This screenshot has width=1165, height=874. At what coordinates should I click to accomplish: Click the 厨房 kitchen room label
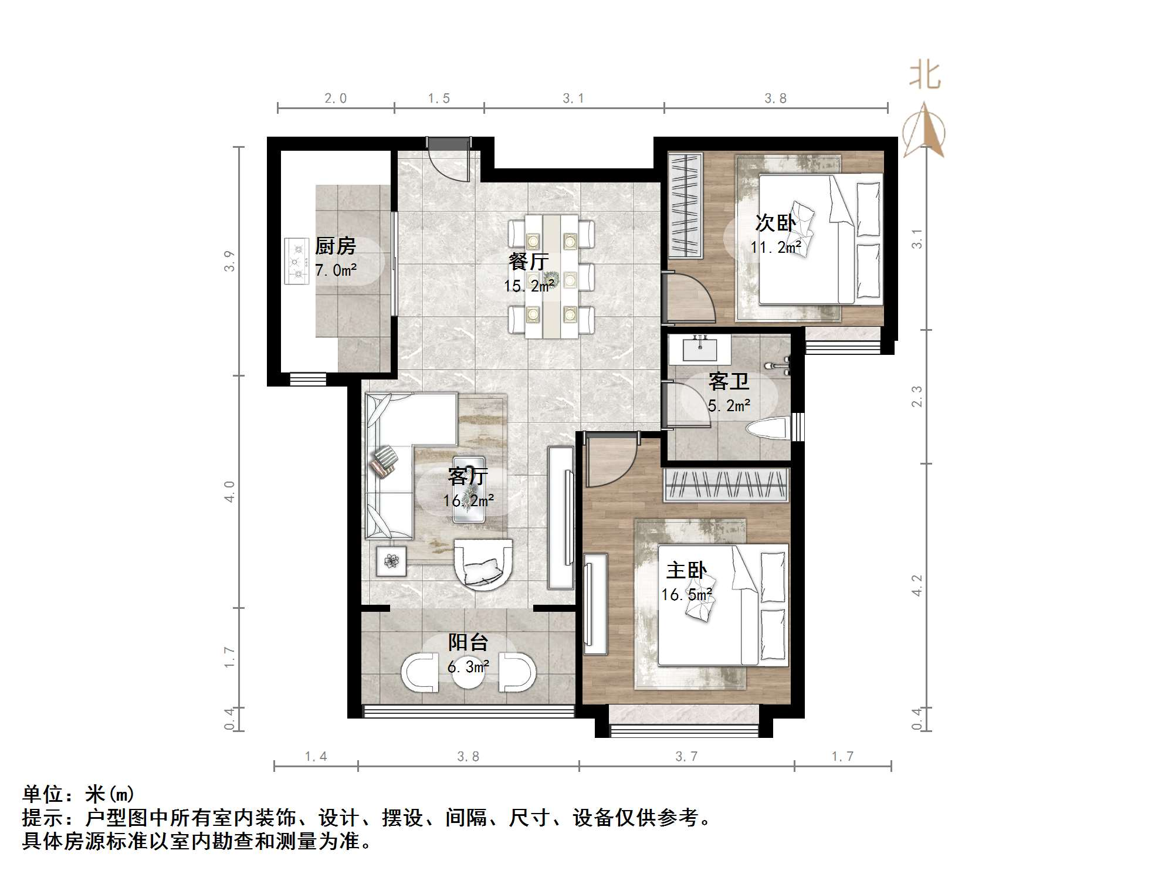click(335, 246)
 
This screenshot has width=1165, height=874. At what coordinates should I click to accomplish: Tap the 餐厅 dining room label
click(529, 262)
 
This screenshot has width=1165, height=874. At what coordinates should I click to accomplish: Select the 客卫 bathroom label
click(729, 382)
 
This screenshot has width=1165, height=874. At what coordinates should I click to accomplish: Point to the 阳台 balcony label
click(468, 643)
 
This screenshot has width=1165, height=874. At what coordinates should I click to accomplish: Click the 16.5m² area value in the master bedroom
click(686, 595)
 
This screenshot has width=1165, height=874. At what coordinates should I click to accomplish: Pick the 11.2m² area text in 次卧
click(775, 248)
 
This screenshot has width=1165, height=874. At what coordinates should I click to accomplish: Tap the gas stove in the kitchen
click(297, 261)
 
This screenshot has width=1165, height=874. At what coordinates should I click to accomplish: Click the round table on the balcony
click(468, 675)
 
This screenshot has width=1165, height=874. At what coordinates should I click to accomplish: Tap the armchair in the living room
click(483, 565)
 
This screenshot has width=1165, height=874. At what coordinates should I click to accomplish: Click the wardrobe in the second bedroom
click(685, 205)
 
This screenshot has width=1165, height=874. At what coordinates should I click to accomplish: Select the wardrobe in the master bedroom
click(725, 485)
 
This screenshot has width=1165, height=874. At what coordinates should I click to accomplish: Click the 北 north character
click(925, 76)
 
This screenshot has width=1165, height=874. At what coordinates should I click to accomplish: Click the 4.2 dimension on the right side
click(917, 585)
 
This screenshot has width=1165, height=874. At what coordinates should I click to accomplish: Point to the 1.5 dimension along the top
click(438, 99)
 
